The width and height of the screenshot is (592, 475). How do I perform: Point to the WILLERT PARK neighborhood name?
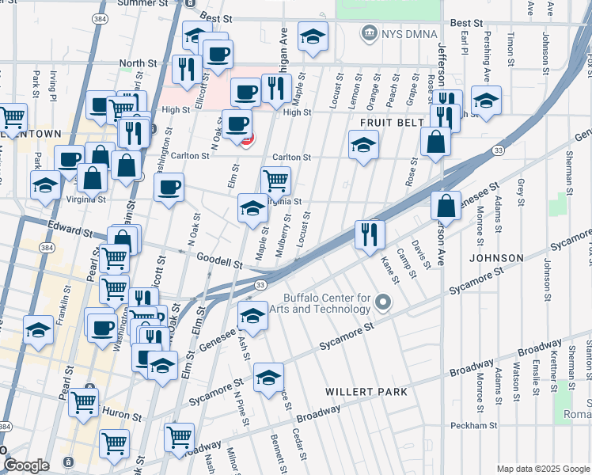coord(366,392)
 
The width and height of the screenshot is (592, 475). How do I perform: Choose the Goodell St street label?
coord(221,261)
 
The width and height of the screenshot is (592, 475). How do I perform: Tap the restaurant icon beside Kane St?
coord(370,234)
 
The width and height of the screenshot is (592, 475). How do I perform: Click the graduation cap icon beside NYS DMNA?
coord(313,36)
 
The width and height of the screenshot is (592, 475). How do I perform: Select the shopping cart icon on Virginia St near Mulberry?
coord(275,180)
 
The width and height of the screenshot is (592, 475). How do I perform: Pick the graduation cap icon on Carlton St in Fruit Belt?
coord(363,145)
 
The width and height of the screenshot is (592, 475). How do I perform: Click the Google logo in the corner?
coord(26,465)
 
